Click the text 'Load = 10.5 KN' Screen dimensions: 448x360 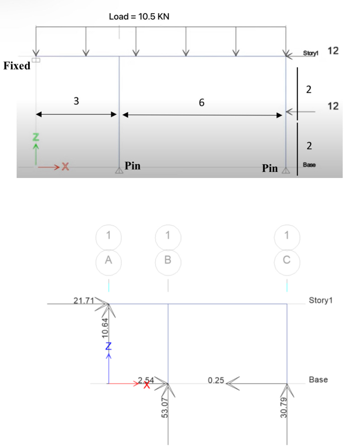[x=139, y=17]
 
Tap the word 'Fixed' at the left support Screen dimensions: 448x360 [x=17, y=66]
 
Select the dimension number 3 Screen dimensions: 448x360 [x=76, y=101]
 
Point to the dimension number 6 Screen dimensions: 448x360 [x=201, y=103]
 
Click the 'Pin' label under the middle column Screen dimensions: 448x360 [x=133, y=166]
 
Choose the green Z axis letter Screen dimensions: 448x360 [x=36, y=137]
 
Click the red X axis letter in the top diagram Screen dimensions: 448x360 [x=65, y=167]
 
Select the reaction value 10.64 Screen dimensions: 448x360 [x=104, y=327]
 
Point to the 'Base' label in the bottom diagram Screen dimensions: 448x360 [x=318, y=380]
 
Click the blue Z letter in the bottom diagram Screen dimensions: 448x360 [x=109, y=345]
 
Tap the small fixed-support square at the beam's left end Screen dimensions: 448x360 [x=36, y=60]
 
